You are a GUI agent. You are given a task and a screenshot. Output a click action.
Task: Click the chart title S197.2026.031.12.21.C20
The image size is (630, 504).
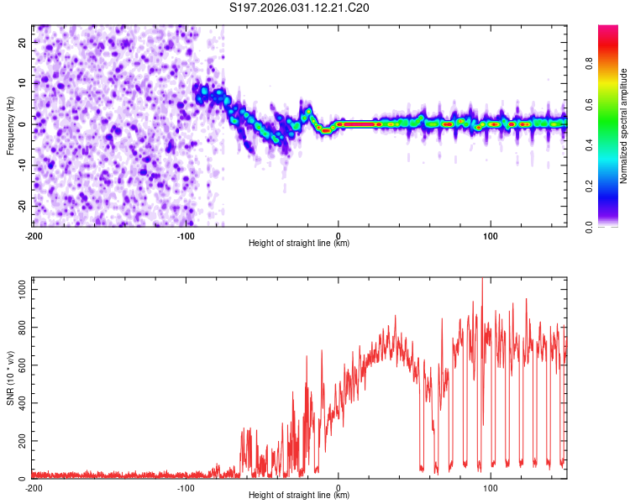[x=300, y=8]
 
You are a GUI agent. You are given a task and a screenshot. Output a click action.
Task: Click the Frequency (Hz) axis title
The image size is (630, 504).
[x=10, y=126]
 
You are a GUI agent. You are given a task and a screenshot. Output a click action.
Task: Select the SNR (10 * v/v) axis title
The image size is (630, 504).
[x=10, y=378]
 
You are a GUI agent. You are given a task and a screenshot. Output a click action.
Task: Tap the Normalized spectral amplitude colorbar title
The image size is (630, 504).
[x=624, y=126]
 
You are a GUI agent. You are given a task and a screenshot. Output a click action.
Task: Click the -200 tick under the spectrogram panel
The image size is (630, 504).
[x=34, y=235]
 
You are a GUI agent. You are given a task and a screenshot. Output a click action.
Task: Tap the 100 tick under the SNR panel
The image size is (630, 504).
[x=491, y=487]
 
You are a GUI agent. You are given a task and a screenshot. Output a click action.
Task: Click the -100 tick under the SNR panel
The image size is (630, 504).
[x=186, y=487]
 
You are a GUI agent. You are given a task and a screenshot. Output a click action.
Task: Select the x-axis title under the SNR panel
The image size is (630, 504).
[x=299, y=496]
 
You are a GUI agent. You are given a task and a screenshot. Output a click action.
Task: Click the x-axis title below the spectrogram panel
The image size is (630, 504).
[x=299, y=244]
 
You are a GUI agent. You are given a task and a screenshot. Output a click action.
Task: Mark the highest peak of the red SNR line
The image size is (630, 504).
[x=482, y=279]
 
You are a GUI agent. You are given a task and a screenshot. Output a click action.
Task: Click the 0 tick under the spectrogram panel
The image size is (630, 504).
[x=339, y=235]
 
